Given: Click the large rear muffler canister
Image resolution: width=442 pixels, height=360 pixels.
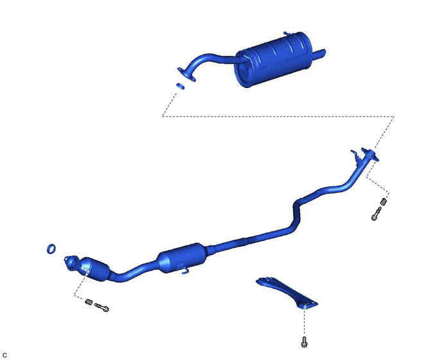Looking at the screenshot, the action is (x=274, y=60).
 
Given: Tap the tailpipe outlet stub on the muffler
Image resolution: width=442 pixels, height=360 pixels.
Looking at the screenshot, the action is (x=319, y=54).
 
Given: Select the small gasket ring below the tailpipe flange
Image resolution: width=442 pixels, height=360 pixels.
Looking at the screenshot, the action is (x=181, y=86).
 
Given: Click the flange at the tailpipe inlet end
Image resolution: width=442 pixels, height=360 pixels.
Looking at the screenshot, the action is (x=186, y=74).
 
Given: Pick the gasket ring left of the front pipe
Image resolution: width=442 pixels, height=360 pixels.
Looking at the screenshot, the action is (x=51, y=249).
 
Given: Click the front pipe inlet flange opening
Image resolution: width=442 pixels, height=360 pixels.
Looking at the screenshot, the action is (x=71, y=262).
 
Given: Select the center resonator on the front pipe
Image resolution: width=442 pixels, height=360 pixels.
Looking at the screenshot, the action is (x=182, y=257).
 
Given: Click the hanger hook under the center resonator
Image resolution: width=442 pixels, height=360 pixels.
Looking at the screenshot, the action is (x=184, y=270).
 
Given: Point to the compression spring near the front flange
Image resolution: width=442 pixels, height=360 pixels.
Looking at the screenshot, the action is (x=89, y=301).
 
